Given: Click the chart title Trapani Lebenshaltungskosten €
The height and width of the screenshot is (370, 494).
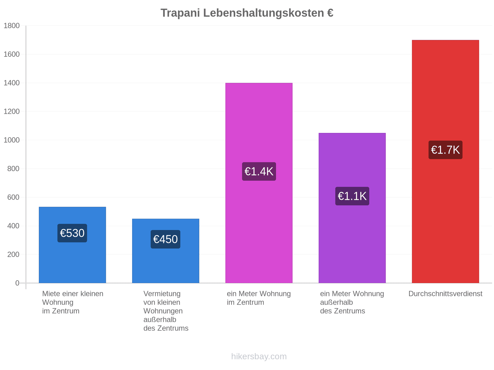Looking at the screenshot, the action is pos(247,13).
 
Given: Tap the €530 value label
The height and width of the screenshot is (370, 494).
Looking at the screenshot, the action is pos(72,233).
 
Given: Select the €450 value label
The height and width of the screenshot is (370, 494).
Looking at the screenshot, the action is pos(165,239).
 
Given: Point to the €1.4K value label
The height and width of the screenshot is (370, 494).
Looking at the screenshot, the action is pos(259,171).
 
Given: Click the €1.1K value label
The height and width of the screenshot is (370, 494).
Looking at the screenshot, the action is pos(352,196).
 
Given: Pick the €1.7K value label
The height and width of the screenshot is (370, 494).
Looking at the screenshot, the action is pos(446,150).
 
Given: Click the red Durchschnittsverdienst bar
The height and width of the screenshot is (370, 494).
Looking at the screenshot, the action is pos(446,162).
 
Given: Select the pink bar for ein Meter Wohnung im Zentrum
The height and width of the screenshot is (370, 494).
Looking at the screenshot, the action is pos(259,183).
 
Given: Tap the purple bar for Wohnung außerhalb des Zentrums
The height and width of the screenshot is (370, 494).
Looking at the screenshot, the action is pos(352,208).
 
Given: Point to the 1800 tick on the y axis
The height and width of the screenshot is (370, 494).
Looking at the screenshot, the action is pos(12,26).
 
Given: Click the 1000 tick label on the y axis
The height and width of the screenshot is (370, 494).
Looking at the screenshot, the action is pos(12,140).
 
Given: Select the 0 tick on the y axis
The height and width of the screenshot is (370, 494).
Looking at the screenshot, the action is pos(17,283).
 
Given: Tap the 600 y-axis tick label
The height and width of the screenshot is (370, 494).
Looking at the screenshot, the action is pos(14,197).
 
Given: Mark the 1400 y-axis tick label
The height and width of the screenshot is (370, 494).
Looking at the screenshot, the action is pos(12,83).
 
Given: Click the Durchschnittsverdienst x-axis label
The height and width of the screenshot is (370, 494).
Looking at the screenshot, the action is pos(446,294).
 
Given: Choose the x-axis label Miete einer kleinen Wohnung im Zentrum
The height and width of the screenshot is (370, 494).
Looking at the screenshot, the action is pos(73,302).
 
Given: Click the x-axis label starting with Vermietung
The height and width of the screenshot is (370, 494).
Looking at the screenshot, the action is pos(166,311).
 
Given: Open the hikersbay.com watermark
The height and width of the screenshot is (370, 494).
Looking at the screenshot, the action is pos(259,356).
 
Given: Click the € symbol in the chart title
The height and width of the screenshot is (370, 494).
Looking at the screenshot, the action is pos(330,13).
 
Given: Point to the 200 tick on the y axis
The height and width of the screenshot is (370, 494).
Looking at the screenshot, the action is pos(14,255).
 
